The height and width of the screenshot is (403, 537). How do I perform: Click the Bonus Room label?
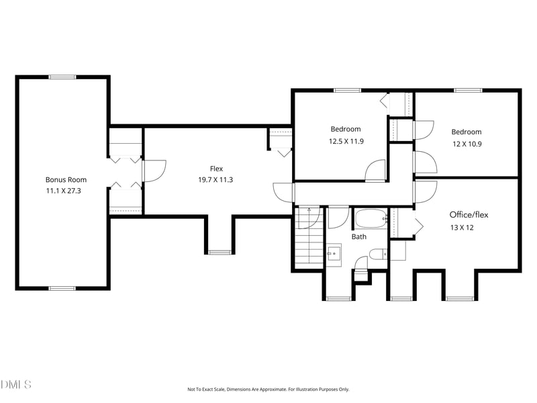[x=66, y=179]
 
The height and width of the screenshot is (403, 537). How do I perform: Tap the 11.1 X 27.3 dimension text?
[x=63, y=191]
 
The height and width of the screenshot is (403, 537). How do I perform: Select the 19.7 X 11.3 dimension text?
[x=215, y=180]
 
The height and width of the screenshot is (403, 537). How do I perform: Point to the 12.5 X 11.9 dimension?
[x=346, y=141]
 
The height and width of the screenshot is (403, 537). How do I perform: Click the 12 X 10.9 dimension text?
[x=467, y=144]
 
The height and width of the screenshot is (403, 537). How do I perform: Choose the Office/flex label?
[x=469, y=215]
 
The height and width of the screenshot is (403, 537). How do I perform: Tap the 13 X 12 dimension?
[x=462, y=228]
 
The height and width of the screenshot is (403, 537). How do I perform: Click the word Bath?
[x=359, y=236]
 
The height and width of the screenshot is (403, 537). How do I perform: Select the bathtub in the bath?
[x=371, y=219]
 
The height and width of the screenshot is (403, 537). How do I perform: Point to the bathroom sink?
[x=333, y=254]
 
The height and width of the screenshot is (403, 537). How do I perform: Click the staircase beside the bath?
[x=309, y=237]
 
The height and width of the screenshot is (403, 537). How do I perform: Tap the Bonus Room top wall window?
[x=62, y=77]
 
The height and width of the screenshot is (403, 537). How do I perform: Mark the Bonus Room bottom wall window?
[x=62, y=289]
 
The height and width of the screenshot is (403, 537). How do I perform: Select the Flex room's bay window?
[x=220, y=253]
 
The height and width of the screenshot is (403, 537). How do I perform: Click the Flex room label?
[x=216, y=169]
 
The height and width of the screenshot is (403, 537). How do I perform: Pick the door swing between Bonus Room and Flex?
[x=154, y=171]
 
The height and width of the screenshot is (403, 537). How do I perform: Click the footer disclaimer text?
[x=268, y=390]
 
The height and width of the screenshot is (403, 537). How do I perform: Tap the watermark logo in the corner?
[x=15, y=384]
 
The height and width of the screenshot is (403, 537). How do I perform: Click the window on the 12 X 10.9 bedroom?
[x=468, y=91]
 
